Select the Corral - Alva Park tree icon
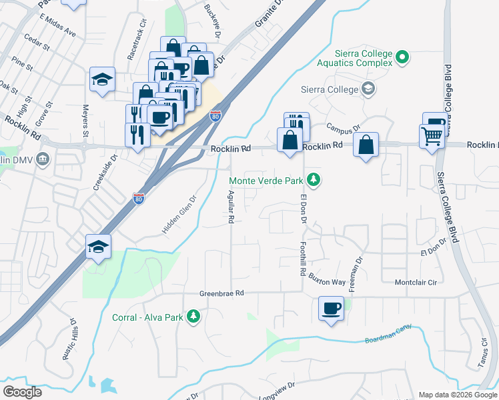(x=193, y=316)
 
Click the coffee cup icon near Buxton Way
(x=332, y=309)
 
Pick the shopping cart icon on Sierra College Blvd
(x=432, y=137)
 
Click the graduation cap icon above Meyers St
(x=102, y=79)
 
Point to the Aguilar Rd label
(x=231, y=205)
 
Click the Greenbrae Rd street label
(x=222, y=293)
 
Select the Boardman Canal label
(x=388, y=334)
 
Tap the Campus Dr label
(x=343, y=126)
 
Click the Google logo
(x=22, y=391)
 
